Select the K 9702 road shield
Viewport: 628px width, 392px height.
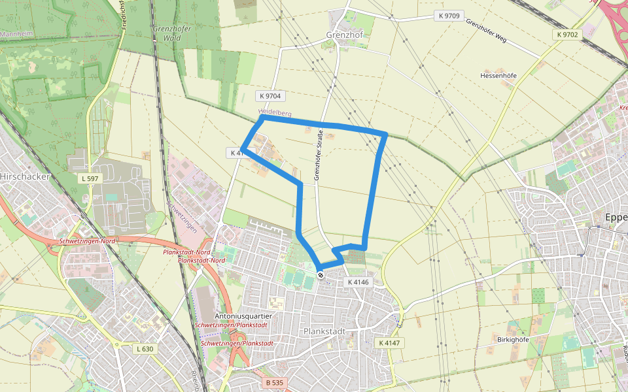[568, 34]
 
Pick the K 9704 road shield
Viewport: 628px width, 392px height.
[270, 96]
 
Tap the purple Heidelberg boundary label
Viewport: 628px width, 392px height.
[274, 114]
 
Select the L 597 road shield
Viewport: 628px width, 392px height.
[90, 178]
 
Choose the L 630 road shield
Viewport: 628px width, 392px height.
[145, 349]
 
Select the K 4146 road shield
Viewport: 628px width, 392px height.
[358, 282]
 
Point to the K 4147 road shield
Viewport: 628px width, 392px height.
[389, 342]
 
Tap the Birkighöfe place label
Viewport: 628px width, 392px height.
[512, 340]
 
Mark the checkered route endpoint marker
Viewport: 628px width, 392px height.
[321, 276]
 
